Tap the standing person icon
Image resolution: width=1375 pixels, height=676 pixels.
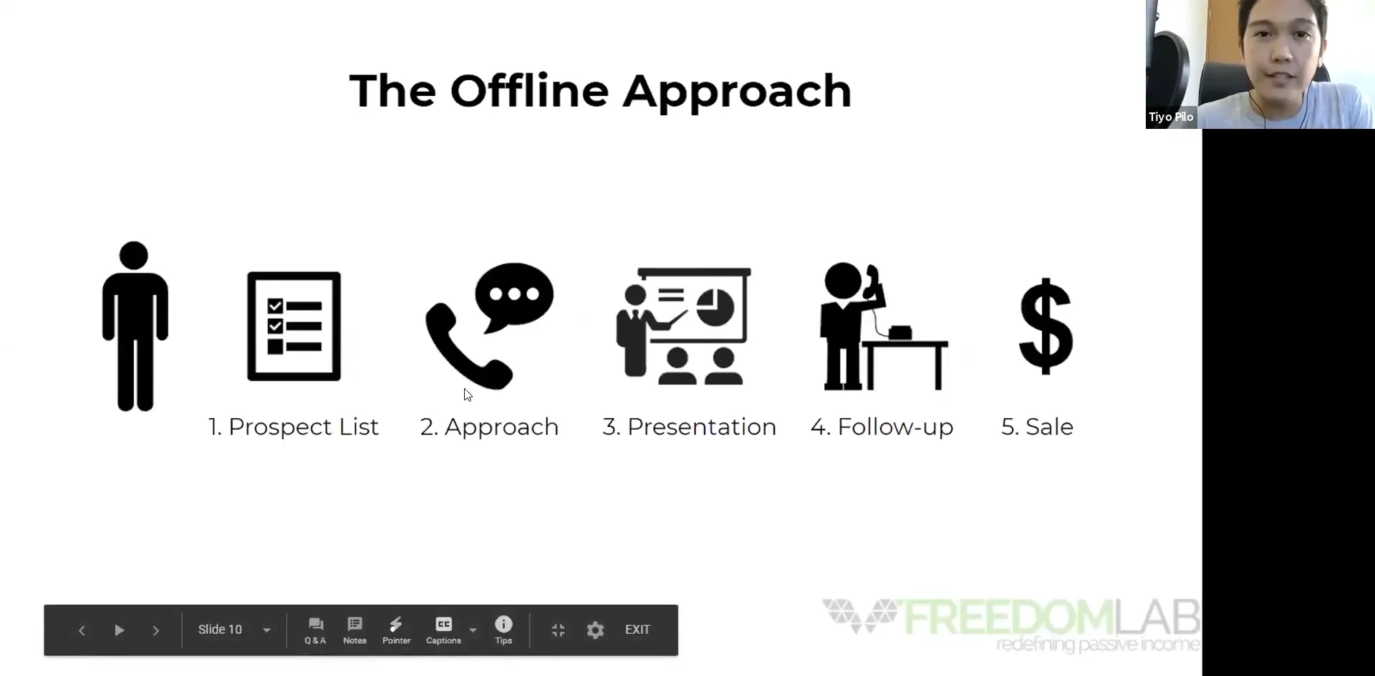[x=135, y=326]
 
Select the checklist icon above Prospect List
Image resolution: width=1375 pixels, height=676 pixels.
[x=294, y=326]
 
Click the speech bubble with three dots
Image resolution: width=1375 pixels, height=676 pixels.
[x=514, y=294]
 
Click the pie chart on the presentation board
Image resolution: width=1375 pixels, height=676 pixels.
[x=715, y=307]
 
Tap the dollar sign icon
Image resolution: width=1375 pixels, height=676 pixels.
[x=1046, y=326]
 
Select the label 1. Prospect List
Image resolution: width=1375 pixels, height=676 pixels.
[x=293, y=427]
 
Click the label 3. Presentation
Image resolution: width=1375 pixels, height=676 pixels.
[x=689, y=427]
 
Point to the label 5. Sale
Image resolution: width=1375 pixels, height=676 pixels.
[x=1037, y=427]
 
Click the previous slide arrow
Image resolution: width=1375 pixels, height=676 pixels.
[x=82, y=630]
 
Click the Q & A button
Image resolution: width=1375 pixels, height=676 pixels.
[x=315, y=630]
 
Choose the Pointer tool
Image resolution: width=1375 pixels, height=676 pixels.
[x=396, y=630]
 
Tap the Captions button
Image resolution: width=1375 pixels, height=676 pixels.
[x=443, y=630]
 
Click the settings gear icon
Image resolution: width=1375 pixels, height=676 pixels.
[x=595, y=630]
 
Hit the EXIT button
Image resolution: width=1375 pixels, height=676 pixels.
[x=637, y=629]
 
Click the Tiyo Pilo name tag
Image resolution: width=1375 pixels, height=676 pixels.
[x=1171, y=117]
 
